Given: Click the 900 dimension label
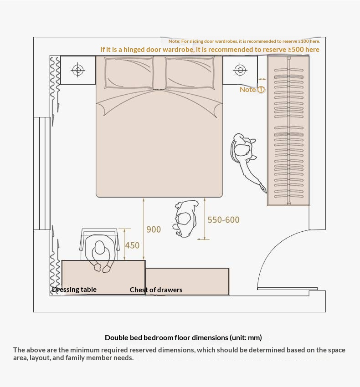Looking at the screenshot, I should coord(154,229).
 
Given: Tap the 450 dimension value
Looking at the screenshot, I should coord(132,245).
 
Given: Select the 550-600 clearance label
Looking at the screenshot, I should coord(223,220).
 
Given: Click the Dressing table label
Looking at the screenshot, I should coord(74,290).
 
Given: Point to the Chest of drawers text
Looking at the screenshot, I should coord(156,290).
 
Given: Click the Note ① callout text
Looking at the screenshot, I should coord(252,90).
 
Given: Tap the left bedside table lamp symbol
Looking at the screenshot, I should coord(78,70).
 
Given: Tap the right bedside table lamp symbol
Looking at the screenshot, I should coord(240,70).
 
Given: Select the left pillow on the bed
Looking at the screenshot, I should coord(129,72).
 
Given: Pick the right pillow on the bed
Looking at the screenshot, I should coord(189,72).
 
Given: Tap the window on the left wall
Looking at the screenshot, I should coord(42,173).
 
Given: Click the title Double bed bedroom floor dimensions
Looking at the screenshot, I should coord(183,338).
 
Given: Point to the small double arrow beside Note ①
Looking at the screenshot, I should coord(262,79).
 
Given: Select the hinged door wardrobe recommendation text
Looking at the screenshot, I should coord(210,50).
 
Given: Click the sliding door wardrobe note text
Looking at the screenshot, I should coord(244,41).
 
